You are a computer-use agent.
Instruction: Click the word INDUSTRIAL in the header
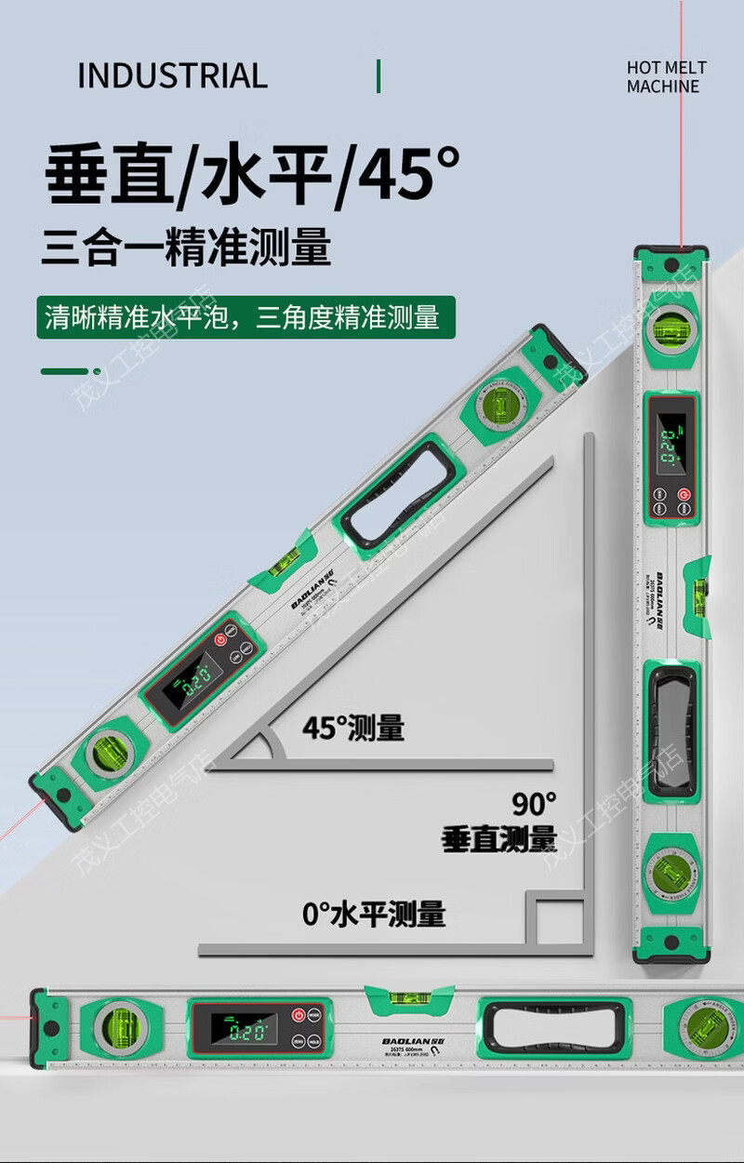click(172, 75)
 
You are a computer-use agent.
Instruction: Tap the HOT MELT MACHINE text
click(666, 76)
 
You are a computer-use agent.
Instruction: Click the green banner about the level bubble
click(246, 318)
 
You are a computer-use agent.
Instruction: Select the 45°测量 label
click(352, 728)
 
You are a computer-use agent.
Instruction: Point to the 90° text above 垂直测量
click(534, 802)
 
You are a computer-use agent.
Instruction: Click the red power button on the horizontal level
click(299, 1015)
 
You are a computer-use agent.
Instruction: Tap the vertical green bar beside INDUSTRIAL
click(379, 75)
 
